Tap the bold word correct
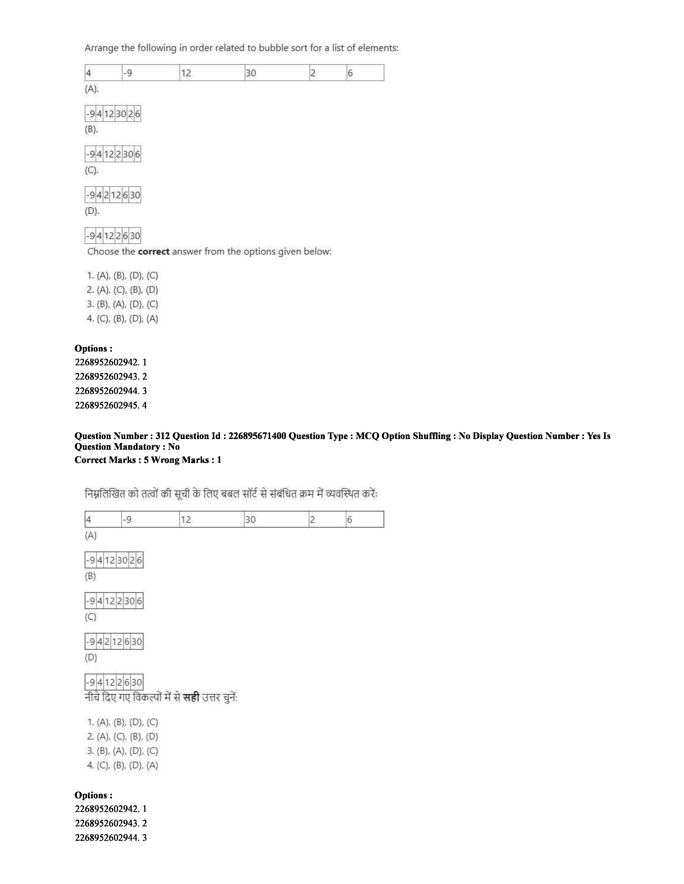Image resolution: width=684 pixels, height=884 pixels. (x=154, y=252)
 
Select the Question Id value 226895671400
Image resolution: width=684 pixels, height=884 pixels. (x=257, y=436)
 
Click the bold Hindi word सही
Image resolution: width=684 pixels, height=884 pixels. (x=191, y=698)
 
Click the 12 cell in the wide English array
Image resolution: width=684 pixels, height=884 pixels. (x=212, y=73)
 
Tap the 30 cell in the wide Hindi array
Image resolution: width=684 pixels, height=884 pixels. (x=276, y=520)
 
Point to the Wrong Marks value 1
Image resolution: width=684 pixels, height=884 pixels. (x=219, y=460)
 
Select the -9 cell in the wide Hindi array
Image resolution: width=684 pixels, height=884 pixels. (x=150, y=520)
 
